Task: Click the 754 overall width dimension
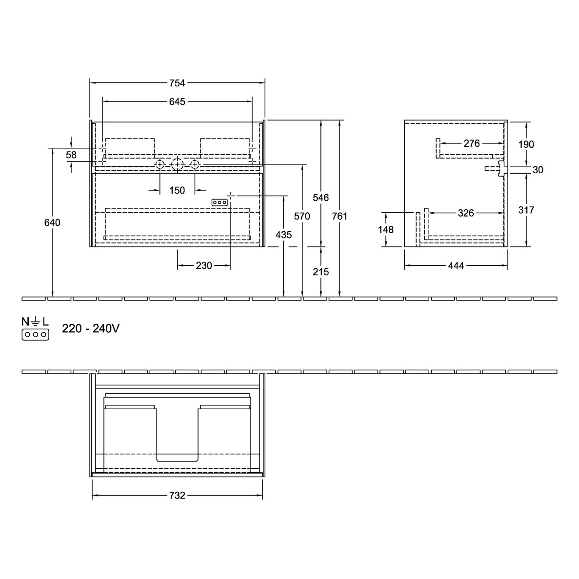(177, 83)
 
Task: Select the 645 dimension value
(177, 101)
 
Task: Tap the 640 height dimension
(52, 222)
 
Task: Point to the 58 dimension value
(71, 155)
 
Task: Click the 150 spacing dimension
(177, 190)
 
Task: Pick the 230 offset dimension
(204, 265)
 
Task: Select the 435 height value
(283, 235)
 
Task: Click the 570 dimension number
(302, 216)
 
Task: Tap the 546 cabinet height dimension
(320, 198)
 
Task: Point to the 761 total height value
(339, 216)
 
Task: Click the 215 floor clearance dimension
(320, 272)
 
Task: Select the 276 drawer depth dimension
(472, 143)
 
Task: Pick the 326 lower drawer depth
(466, 213)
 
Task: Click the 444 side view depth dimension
(456, 265)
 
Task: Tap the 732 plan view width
(177, 495)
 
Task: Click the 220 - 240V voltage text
(91, 328)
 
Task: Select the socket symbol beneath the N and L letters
(36, 335)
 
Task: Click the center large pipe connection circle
(177, 164)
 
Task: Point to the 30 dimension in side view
(538, 169)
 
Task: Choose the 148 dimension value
(385, 230)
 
